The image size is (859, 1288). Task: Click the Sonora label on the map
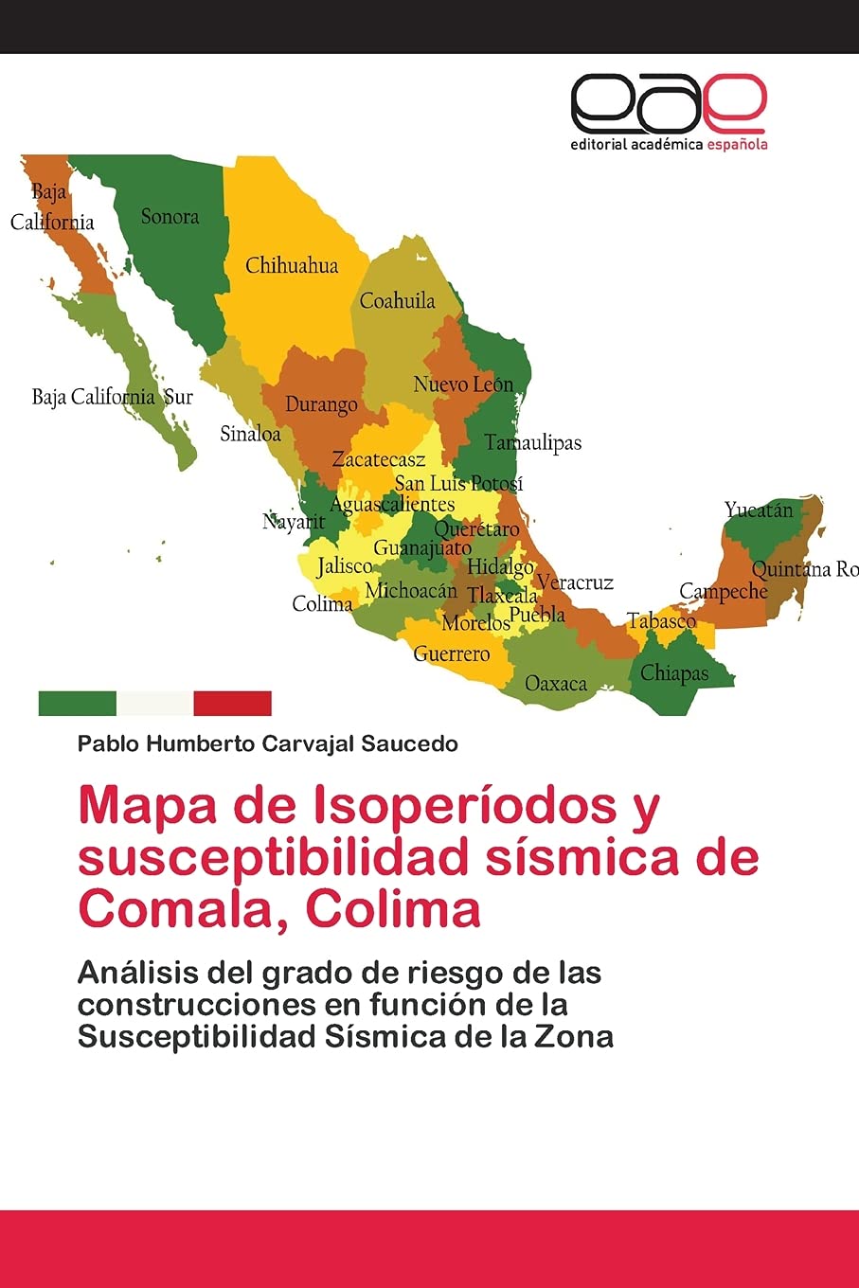(x=170, y=217)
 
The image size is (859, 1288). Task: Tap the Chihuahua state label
(x=292, y=265)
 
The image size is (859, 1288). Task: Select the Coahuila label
(x=397, y=301)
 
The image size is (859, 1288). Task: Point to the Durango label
(x=321, y=404)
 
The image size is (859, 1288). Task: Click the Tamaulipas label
(x=532, y=442)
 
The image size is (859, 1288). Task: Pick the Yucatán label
(x=759, y=510)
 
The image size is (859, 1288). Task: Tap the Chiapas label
(x=674, y=673)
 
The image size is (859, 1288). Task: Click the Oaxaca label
(x=556, y=683)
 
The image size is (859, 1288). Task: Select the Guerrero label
(x=452, y=653)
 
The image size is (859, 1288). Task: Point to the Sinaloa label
(x=250, y=434)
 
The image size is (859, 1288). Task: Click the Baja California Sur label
(x=112, y=397)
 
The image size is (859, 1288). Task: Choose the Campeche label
(x=724, y=592)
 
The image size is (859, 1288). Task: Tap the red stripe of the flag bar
(x=232, y=703)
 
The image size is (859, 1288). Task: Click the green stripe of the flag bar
(x=77, y=703)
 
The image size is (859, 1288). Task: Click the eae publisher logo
(x=668, y=103)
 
